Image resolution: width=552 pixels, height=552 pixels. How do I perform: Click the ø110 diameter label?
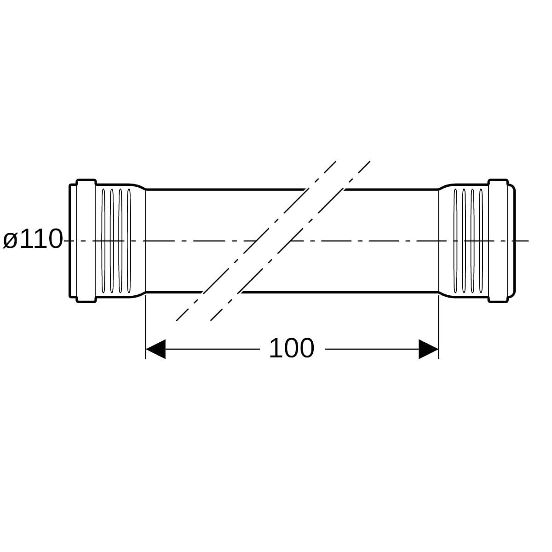tap(33, 239)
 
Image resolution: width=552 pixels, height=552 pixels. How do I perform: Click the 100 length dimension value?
tap(292, 349)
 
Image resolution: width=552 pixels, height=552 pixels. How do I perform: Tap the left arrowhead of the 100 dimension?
tap(155, 349)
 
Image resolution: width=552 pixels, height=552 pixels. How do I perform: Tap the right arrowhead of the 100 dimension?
tap(429, 349)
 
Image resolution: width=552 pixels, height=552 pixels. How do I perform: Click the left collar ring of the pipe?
tap(86, 241)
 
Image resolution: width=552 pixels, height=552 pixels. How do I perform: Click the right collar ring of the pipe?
tap(498, 241)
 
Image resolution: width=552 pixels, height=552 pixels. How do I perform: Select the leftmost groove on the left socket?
tap(103, 241)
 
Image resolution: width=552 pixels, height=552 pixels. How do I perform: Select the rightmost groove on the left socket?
tap(129, 241)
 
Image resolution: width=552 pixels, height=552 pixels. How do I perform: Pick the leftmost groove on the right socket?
tap(455, 241)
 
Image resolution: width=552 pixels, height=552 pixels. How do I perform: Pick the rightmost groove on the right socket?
tap(481, 241)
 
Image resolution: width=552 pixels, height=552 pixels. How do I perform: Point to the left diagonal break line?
tap(256, 241)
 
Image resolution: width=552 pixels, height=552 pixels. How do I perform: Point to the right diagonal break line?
tap(290, 241)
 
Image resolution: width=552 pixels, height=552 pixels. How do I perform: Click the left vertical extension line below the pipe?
tap(146, 327)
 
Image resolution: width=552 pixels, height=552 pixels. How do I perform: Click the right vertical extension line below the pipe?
tap(438, 327)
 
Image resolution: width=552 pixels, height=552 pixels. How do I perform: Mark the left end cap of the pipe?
tap(73, 241)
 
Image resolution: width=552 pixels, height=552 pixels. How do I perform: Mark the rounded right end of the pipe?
tap(512, 241)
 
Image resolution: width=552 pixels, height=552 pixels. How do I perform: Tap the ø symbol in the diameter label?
tap(10, 241)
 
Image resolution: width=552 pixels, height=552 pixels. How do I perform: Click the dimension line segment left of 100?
tap(212, 349)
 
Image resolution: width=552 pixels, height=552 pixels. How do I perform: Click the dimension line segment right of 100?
tap(372, 349)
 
